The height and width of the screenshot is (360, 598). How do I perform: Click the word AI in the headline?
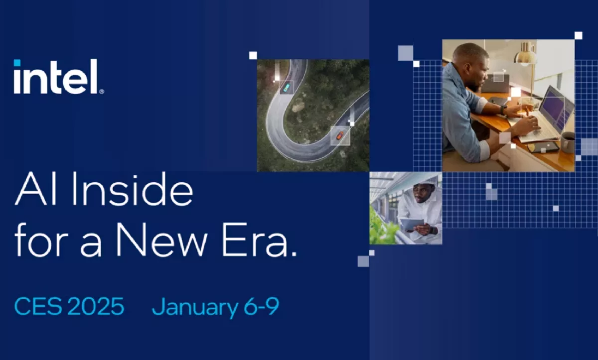(x=36, y=192)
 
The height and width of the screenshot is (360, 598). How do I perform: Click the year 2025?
(x=96, y=307)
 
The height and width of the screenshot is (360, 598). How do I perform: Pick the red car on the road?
(x=339, y=135)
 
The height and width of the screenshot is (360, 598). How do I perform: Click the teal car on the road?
(x=286, y=88)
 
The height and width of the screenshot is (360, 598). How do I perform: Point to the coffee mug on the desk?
(x=568, y=141)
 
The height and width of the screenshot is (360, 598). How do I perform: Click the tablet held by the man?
(x=412, y=225)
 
